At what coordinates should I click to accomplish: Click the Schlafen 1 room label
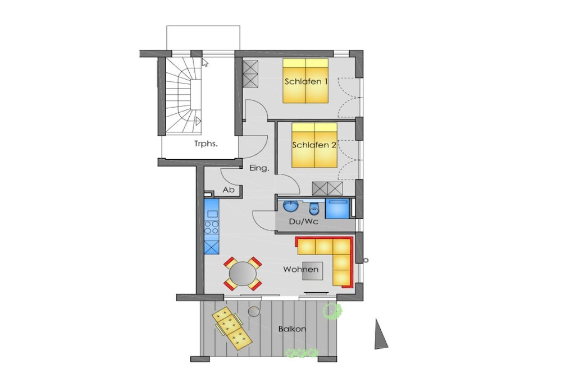pyautogui.click(x=305, y=81)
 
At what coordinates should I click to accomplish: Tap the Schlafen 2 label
pyautogui.click(x=314, y=145)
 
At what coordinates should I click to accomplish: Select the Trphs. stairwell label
pyautogui.click(x=206, y=144)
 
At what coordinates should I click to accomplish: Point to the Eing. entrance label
pyautogui.click(x=259, y=168)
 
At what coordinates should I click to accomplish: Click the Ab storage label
pyautogui.click(x=229, y=190)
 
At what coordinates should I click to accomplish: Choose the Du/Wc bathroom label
pyautogui.click(x=304, y=222)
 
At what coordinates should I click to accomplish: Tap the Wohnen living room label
pyautogui.click(x=301, y=270)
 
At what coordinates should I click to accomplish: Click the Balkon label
pyautogui.click(x=292, y=329)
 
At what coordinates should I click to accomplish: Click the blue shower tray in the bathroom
pyautogui.click(x=338, y=209)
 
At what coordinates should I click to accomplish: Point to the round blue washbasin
pyautogui.click(x=291, y=206)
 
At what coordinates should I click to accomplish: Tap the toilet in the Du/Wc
pyautogui.click(x=314, y=209)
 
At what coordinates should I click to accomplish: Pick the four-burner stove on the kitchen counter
pyautogui.click(x=212, y=227)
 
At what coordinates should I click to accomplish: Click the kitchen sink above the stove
pyautogui.click(x=212, y=213)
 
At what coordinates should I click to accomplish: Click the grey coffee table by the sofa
pyautogui.click(x=312, y=271)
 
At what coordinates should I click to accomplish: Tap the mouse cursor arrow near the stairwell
pyautogui.click(x=204, y=62)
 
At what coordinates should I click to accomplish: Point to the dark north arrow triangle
pyautogui.click(x=380, y=335)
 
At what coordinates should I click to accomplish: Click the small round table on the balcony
pyautogui.click(x=253, y=312)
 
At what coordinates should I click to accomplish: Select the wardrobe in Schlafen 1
pyautogui.click(x=250, y=74)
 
